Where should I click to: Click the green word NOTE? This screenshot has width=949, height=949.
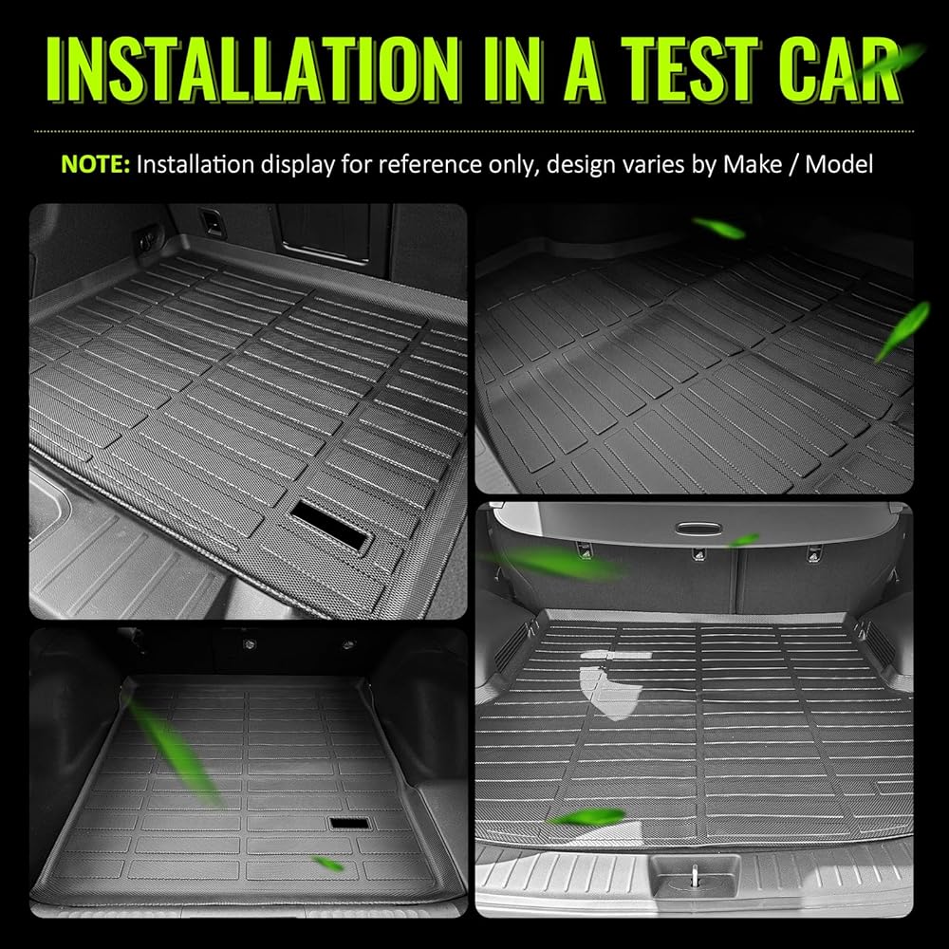click(x=96, y=164)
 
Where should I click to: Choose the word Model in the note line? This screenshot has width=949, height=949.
click(x=839, y=164)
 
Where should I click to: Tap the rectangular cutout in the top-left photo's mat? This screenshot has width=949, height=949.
click(x=330, y=525)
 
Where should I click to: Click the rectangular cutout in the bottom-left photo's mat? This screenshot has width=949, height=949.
click(x=350, y=823)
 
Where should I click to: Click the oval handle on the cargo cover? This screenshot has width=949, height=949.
click(x=698, y=529)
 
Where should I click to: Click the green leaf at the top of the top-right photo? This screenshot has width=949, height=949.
click(x=719, y=228)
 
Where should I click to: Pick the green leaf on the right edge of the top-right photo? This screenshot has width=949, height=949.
click(x=902, y=331)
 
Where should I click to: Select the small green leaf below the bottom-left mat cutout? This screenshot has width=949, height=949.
click(x=327, y=864)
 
